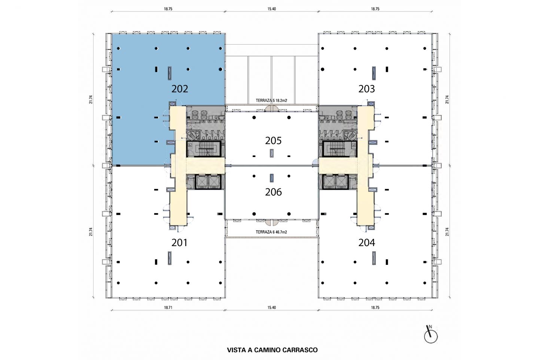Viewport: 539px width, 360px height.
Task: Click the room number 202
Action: pos(180,89)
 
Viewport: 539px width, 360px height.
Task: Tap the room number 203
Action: pos(366,89)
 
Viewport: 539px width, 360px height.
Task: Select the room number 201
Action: pos(180,242)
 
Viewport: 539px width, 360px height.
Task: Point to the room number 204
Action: pos(366,242)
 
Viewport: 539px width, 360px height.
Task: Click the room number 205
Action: pos(273,140)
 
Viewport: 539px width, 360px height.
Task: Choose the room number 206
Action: pos(273,192)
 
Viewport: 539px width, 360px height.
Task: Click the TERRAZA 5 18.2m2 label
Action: pos(271,101)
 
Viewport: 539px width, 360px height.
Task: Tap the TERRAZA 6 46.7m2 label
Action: pos(271,232)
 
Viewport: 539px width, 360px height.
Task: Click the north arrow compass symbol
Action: pos(430,335)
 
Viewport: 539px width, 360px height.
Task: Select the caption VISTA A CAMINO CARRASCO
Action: pos(272,350)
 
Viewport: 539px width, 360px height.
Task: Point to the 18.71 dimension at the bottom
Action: pos(168,308)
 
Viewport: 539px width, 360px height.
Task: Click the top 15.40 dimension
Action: pos(271,9)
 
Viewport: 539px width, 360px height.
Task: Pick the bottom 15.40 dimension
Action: pos(271,308)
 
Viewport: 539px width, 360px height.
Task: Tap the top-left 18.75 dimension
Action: pos(168,9)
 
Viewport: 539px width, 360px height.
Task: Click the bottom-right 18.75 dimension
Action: pos(375,308)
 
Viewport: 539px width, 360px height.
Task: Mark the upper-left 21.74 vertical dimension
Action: pos(91,99)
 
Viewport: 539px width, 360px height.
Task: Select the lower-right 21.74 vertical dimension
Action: pos(447,232)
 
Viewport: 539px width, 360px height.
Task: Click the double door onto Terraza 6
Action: pos(272,222)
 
